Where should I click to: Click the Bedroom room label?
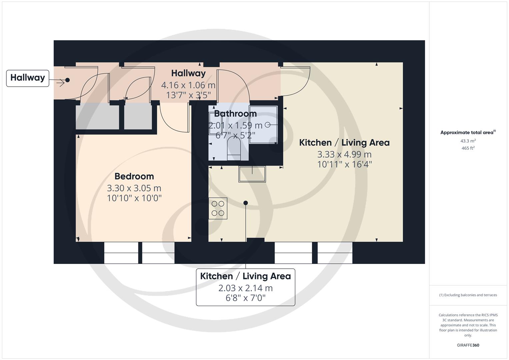[134, 176]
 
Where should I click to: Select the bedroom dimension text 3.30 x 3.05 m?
[134, 188]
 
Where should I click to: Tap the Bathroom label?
[235, 114]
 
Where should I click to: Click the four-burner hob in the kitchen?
[218, 208]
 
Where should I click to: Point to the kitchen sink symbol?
[252, 174]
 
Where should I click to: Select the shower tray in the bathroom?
[263, 125]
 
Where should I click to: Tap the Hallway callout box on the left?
[28, 78]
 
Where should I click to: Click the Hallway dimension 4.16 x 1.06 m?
[188, 85]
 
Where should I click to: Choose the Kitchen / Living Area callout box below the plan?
[245, 287]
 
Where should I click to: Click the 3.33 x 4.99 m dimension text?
[344, 154]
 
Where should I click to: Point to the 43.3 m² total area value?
[468, 141]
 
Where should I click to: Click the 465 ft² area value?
[468, 148]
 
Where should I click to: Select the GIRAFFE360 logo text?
[468, 345]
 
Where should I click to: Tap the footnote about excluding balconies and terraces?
[468, 295]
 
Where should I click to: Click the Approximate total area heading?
[468, 133]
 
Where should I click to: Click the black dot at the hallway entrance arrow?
[67, 80]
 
